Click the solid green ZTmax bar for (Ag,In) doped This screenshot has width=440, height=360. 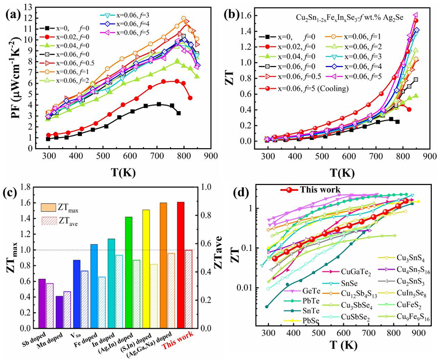point(128,272)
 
